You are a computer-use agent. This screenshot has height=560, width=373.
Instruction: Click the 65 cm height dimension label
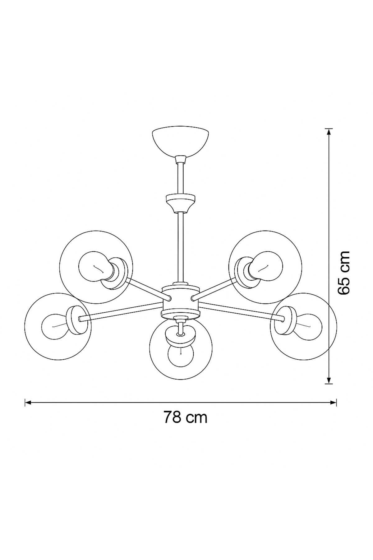pyautogui.click(x=343, y=273)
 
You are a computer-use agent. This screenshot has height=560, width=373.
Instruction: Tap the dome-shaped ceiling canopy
pyautogui.click(x=180, y=142)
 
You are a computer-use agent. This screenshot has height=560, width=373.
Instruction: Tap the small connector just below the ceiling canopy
pyautogui.click(x=180, y=160)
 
